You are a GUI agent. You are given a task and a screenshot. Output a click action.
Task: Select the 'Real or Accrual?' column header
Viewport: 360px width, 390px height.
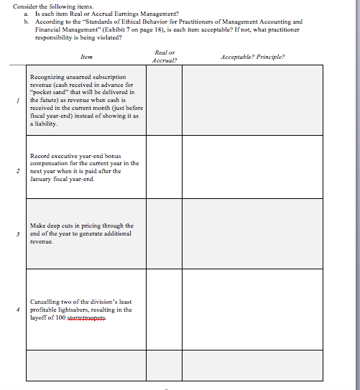coord(165,56)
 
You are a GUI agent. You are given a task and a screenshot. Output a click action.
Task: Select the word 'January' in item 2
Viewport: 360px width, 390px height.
coord(42,180)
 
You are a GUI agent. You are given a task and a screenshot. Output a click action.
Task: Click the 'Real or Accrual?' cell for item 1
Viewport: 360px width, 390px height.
coord(165,100)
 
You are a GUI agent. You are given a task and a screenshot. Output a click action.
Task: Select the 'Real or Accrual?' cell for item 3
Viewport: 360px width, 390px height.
coord(165,233)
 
